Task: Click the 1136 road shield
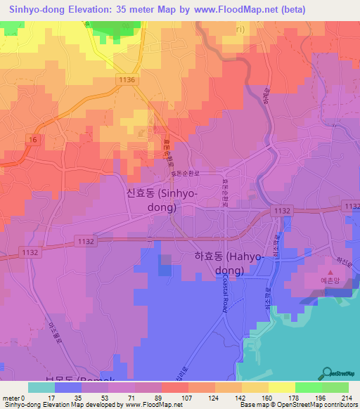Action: click(127, 81)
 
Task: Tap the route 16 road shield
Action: click(34, 140)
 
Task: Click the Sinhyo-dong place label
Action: click(160, 200)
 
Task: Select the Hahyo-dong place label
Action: click(229, 264)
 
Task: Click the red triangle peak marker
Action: click(330, 271)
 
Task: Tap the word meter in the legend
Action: click(11, 398)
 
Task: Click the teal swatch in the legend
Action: click(41, 387)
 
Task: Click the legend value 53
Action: click(108, 398)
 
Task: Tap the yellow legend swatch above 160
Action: click(281, 387)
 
